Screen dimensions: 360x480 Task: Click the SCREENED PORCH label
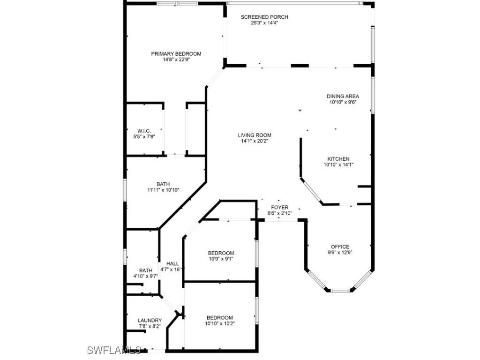(x=264, y=17)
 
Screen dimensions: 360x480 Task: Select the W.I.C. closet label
(x=143, y=131)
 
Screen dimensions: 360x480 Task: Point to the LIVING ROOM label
(x=255, y=135)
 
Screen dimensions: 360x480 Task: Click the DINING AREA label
(x=343, y=97)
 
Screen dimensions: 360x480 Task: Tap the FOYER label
(x=280, y=207)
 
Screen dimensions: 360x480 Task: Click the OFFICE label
(x=340, y=247)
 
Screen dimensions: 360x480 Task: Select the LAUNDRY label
(x=150, y=321)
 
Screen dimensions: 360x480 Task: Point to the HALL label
(x=172, y=263)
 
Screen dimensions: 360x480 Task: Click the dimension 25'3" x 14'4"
(x=264, y=22)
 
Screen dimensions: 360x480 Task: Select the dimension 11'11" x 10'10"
(x=163, y=190)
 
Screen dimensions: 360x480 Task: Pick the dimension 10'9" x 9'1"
(x=221, y=259)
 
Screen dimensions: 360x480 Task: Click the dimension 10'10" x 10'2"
(x=220, y=323)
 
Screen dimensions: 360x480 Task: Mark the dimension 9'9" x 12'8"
(x=340, y=252)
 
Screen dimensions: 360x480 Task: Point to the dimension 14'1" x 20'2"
(x=255, y=141)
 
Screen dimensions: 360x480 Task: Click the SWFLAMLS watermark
(x=114, y=350)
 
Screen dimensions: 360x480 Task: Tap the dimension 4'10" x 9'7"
(x=145, y=276)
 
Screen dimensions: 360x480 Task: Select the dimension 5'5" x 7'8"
(x=143, y=136)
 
